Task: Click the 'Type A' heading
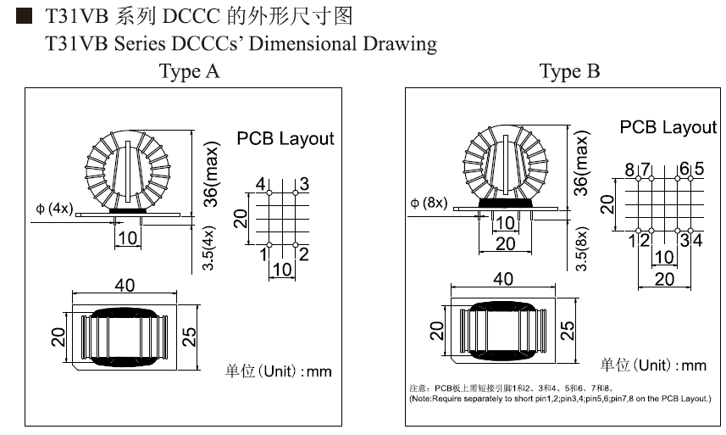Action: tap(190, 71)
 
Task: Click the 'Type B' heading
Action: tap(569, 71)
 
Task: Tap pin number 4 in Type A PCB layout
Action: tap(262, 185)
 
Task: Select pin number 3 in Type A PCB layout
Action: tap(303, 185)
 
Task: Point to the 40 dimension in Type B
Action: tap(502, 279)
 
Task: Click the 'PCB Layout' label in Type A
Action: tap(285, 138)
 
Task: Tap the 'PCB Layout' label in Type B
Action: tap(668, 127)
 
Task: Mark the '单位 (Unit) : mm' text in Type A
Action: tap(278, 371)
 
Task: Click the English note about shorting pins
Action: tap(559, 398)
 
